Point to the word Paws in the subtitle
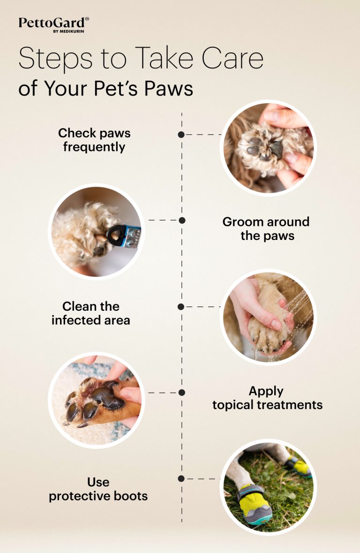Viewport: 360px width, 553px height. (168, 88)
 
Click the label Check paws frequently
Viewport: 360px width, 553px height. (94, 140)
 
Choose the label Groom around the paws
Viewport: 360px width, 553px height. (266, 228)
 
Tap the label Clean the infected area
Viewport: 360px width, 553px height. (91, 313)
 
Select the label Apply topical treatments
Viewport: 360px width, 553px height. (267, 398)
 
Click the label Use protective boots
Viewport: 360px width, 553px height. (98, 489)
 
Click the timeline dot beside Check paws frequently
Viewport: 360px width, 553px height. (181, 135)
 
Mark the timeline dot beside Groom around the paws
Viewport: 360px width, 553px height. (182, 220)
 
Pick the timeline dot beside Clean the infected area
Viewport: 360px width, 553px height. (181, 306)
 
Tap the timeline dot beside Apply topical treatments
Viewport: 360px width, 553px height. (182, 392)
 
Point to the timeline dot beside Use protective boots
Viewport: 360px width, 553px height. (181, 478)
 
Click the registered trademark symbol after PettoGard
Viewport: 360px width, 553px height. (87, 19)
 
